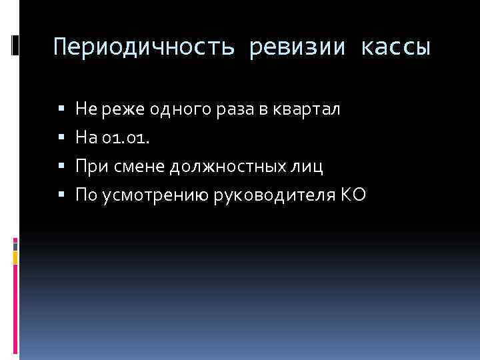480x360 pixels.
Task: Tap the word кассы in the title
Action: coord(397,48)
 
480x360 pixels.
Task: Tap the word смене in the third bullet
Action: coord(139,166)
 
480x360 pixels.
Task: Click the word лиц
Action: coord(308,166)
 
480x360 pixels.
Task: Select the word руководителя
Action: coord(279,195)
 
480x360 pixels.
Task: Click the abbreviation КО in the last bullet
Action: coord(353,195)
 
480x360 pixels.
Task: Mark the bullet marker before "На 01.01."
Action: coord(61,137)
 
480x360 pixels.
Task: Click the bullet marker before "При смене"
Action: coord(61,166)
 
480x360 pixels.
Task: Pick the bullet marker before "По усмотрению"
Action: coord(61,195)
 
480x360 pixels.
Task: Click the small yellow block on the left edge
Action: coord(15,256)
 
